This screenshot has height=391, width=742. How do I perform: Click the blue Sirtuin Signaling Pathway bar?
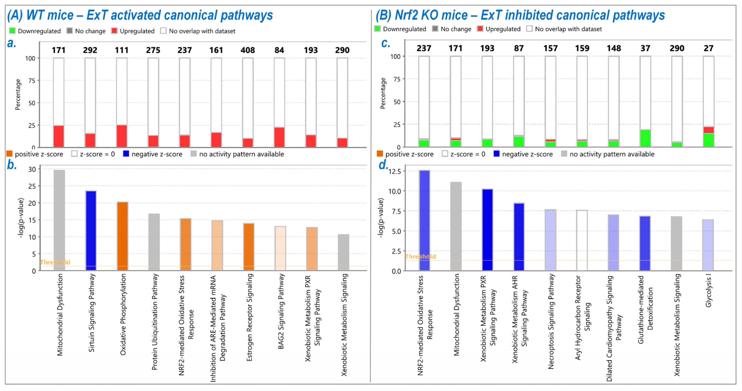pos(91,230)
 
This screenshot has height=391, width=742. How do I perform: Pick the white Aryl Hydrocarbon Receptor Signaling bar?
pos(582,240)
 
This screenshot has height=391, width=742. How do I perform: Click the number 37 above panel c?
pos(645,48)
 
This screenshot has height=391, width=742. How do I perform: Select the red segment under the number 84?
pos(279,137)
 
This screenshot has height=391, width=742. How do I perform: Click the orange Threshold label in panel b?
pos(55,262)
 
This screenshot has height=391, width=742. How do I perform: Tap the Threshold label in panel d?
pos(420,256)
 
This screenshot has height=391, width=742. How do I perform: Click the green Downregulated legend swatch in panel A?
pos(12,31)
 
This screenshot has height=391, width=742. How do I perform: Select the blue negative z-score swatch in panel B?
pos(496,154)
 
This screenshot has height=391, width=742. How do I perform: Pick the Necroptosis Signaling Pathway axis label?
pos(551,321)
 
